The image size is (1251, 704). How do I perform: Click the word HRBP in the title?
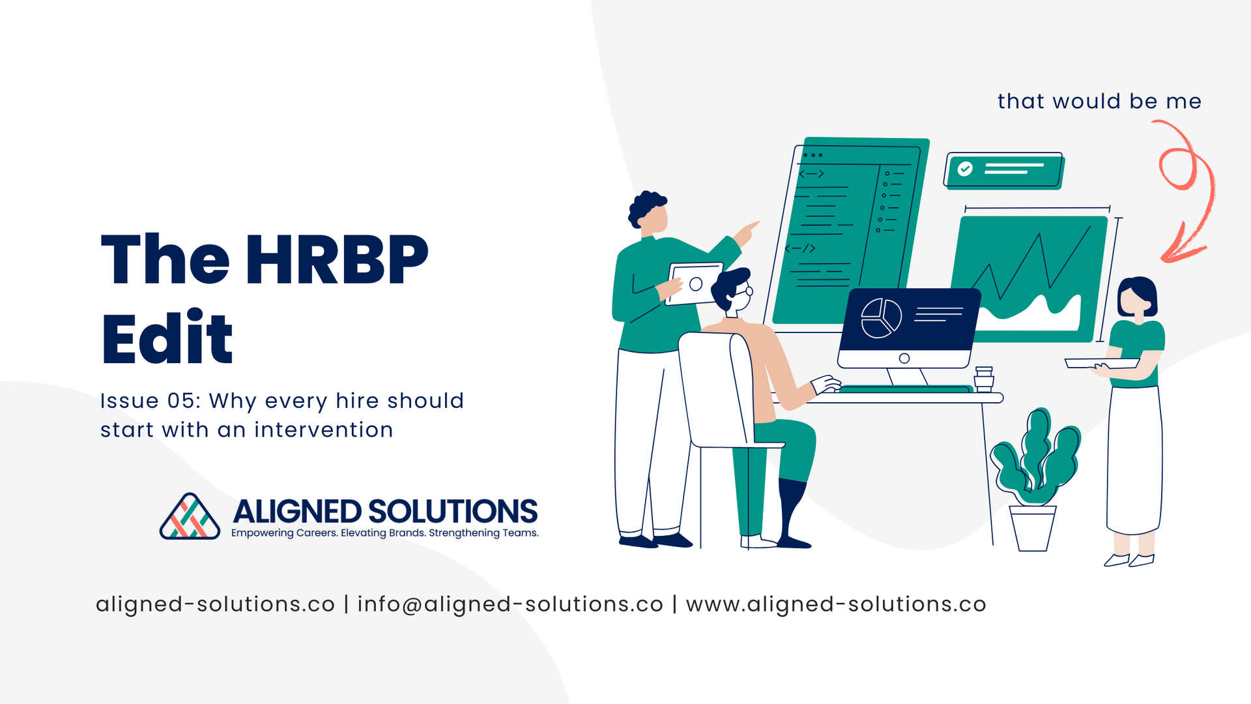[x=336, y=259]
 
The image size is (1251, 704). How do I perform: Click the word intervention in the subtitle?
[x=324, y=430]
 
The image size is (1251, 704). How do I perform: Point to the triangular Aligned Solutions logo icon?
[x=190, y=517]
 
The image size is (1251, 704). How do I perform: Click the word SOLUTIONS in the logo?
[x=453, y=512]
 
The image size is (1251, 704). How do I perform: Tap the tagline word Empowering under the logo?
[x=262, y=533]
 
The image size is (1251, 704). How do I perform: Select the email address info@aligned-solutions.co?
[x=510, y=604]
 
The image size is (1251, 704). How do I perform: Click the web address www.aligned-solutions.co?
[x=836, y=604]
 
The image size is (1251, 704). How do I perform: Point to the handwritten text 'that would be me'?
[x=1099, y=102]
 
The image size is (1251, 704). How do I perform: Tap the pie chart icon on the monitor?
[x=881, y=318]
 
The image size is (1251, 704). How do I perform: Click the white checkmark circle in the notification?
[x=965, y=169]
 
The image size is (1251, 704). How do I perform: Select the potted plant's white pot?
[x=1033, y=528]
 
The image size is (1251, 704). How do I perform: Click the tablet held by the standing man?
[x=694, y=284]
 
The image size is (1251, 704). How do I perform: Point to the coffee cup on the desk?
[x=984, y=379]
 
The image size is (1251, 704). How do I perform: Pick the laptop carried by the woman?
[x=1102, y=363]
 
